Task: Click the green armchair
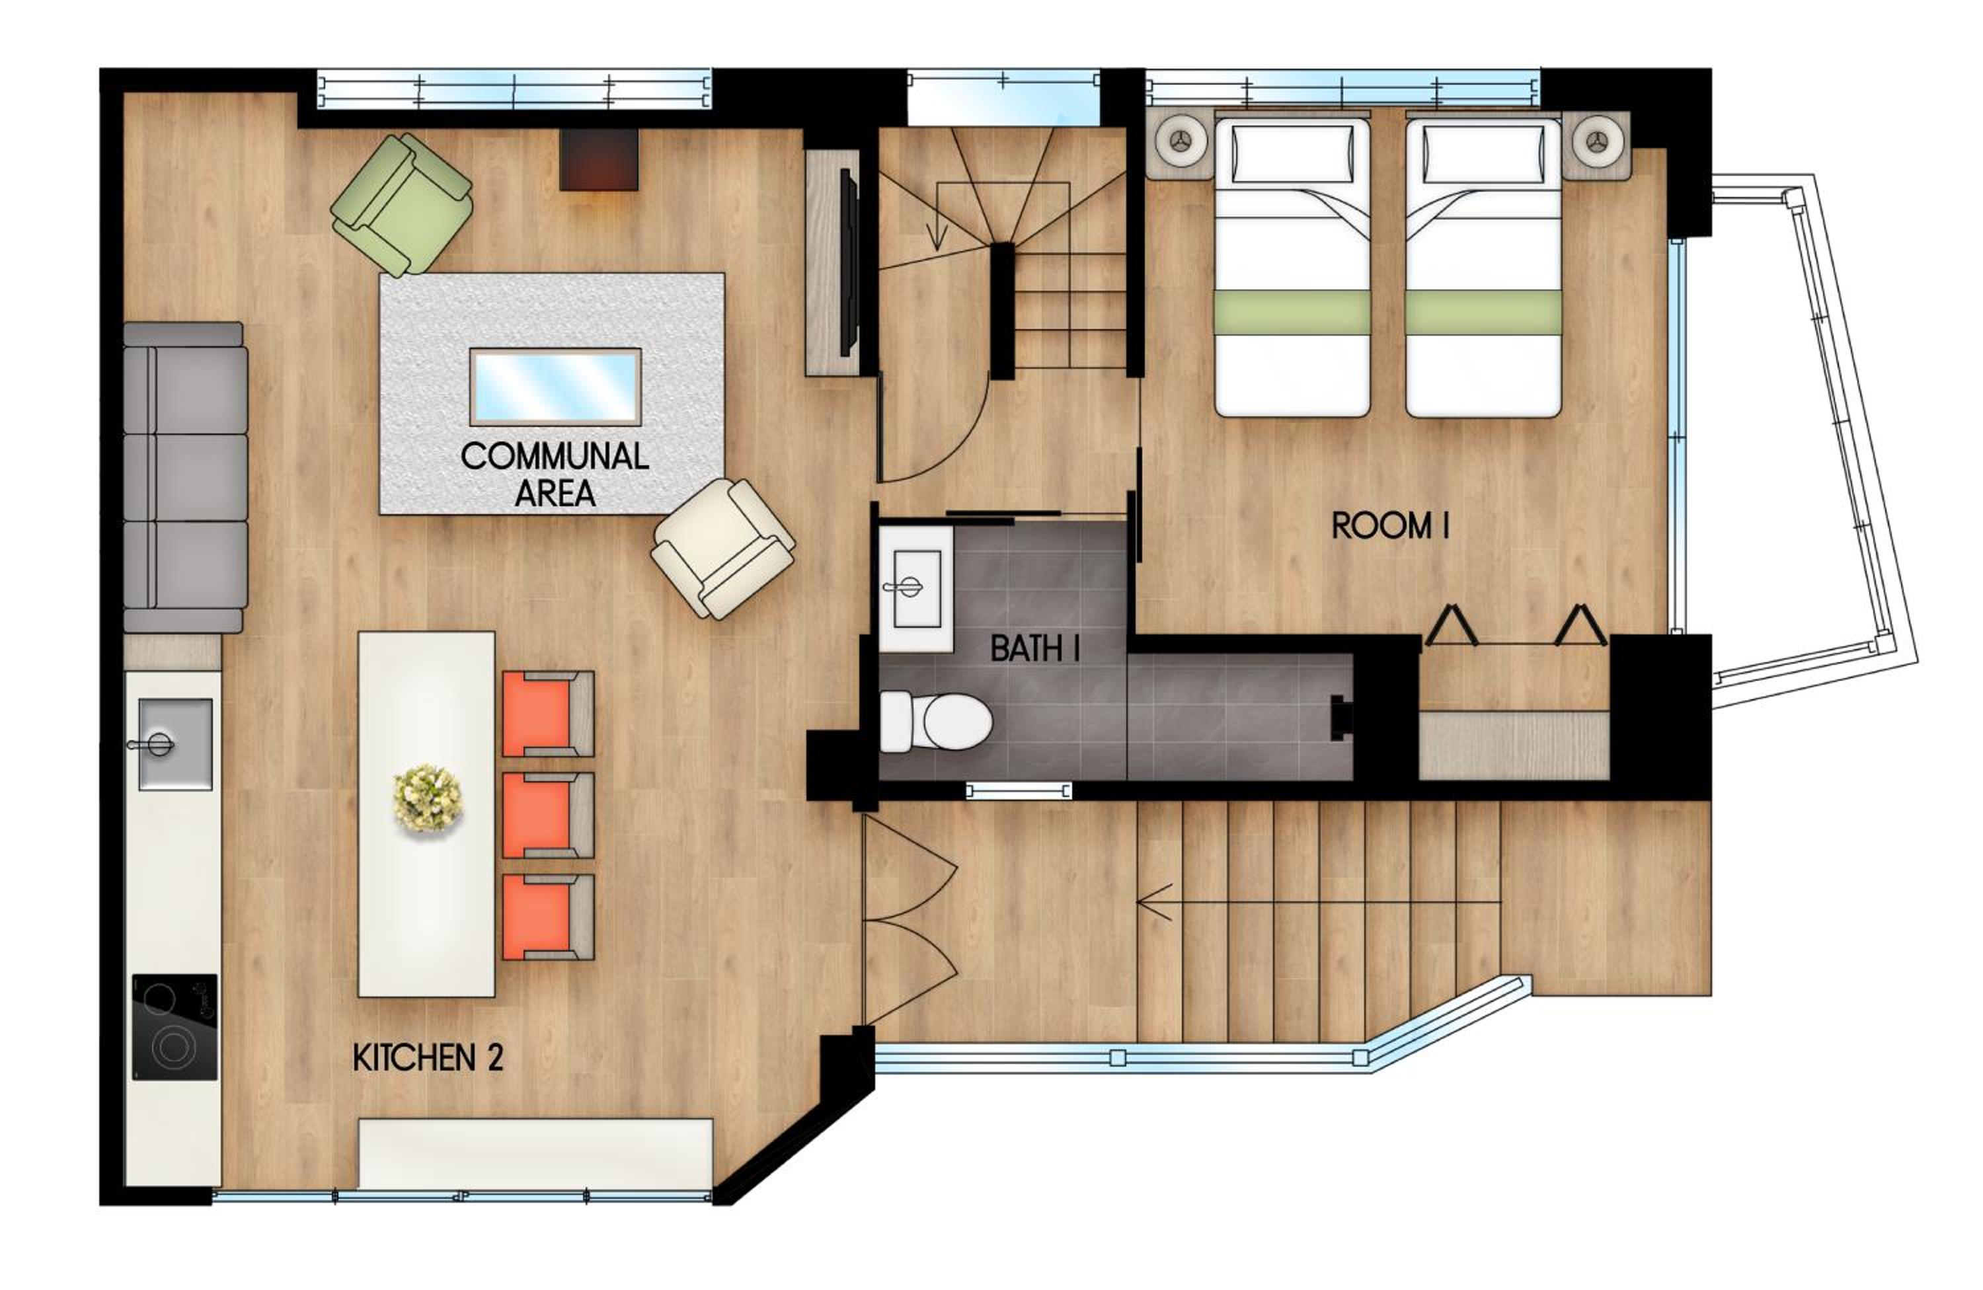[402, 204]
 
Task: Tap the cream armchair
[723, 548]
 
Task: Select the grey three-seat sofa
[185, 477]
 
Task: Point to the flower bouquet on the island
[428, 797]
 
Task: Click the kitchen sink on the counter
[175, 743]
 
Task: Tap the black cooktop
[175, 1027]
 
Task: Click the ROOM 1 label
[1391, 525]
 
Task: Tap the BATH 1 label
[1035, 649]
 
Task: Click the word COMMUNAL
[555, 457]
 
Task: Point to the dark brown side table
[599, 159]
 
